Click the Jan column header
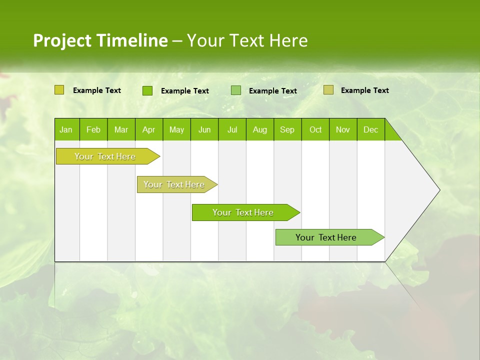coord(66,129)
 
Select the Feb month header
coord(93,129)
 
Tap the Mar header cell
coord(121,129)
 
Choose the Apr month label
coord(149,129)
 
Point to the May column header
coord(176,129)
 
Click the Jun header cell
coord(204,129)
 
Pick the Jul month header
coord(232,129)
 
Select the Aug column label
coord(260,129)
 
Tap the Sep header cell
coord(287,129)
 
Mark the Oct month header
coord(315,129)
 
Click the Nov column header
coord(343,129)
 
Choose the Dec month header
coord(371,129)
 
